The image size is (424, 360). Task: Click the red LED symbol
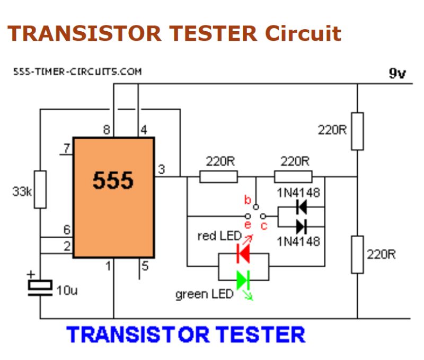click(243, 254)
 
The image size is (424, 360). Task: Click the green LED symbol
click(243, 279)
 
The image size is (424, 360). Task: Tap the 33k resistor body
click(40, 189)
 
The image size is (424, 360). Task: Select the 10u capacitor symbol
click(40, 286)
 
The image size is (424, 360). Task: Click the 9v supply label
click(397, 73)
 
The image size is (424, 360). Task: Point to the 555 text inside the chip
click(113, 181)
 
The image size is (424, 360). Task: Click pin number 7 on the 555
click(66, 149)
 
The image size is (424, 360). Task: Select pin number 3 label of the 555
click(162, 169)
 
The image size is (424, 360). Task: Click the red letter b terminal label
click(246, 200)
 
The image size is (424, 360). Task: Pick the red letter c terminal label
click(263, 226)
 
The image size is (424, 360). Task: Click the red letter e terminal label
click(248, 226)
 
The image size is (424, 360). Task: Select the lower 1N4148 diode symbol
click(302, 227)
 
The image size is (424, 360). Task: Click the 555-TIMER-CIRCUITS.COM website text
click(77, 71)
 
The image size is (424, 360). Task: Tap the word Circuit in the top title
click(303, 33)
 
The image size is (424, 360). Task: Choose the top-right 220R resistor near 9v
click(358, 131)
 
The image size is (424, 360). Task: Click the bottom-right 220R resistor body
click(358, 255)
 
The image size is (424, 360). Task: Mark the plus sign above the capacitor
click(31, 274)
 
